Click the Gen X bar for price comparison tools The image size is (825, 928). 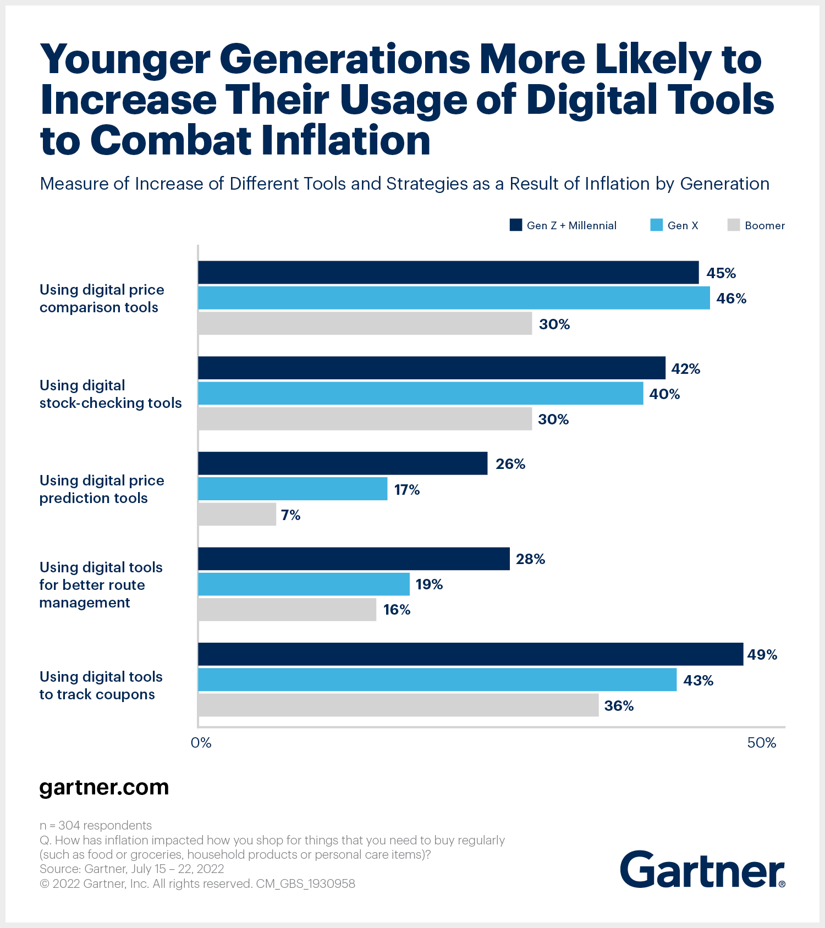[x=454, y=298]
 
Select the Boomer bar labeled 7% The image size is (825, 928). [x=237, y=515]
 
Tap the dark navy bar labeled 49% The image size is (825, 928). [x=470, y=654]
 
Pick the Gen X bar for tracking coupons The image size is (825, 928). [x=437, y=680]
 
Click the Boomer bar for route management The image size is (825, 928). [x=287, y=610]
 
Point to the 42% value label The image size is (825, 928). [x=685, y=369]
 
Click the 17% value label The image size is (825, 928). [x=406, y=490]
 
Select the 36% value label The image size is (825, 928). [x=619, y=706]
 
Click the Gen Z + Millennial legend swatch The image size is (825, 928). [x=515, y=225]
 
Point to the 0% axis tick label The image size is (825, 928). [x=201, y=743]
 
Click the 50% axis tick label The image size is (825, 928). [x=761, y=743]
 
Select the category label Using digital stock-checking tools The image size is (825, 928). [x=110, y=394]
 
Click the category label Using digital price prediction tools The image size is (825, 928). [x=102, y=489]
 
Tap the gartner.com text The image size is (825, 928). [x=104, y=787]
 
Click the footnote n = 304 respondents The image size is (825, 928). [x=96, y=825]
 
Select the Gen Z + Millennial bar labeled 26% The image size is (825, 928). [x=343, y=463]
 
